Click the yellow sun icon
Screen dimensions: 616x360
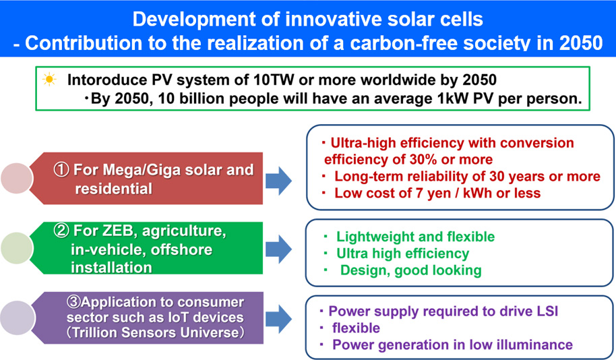[49, 80]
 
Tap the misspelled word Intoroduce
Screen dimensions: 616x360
[106, 80]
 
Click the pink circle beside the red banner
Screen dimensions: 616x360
[16, 178]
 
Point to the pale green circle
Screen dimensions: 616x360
[16, 248]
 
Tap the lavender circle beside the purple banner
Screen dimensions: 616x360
[16, 318]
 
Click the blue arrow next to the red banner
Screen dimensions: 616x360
[278, 181]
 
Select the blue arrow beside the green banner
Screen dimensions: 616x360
[278, 249]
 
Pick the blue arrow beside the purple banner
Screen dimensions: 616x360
[278, 318]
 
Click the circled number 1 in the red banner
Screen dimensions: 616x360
[62, 170]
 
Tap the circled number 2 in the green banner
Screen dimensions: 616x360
[62, 231]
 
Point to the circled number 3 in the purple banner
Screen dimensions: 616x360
[73, 302]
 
